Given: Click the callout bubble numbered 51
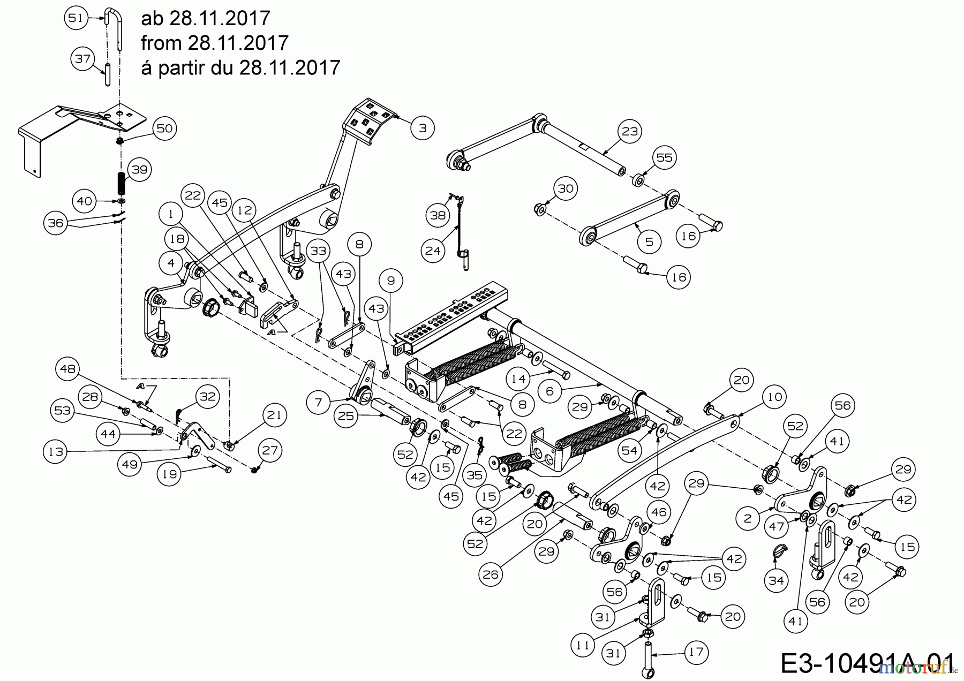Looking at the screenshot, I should [76, 18].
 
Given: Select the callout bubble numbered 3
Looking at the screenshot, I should [423, 128].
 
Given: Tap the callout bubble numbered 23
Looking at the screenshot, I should [630, 131].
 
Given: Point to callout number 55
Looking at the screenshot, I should [664, 157].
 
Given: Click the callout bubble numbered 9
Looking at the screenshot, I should [390, 281].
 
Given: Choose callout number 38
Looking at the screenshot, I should [439, 215].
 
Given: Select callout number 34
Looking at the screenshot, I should [776, 580].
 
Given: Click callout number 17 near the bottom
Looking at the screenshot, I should [696, 652].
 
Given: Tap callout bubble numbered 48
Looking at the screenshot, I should [68, 368].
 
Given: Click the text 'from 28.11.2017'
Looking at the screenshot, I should [215, 43].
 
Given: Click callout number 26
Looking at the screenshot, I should [491, 574].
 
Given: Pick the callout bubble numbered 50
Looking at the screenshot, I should [164, 128].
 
